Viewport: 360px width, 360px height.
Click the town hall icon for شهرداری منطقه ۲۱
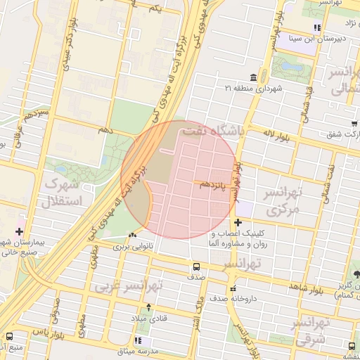coord(252,77)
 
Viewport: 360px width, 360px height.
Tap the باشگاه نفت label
coord(213,131)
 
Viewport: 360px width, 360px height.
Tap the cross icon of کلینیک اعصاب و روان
coord(238,222)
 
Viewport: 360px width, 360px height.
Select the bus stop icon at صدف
coord(196,266)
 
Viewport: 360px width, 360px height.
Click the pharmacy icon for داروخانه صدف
coord(232,288)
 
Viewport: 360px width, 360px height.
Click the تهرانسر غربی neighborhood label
coord(129,287)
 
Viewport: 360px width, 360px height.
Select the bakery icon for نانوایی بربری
coord(133,236)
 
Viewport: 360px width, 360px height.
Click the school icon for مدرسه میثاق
coord(137,340)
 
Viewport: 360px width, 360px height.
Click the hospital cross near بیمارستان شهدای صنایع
coord(18,231)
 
